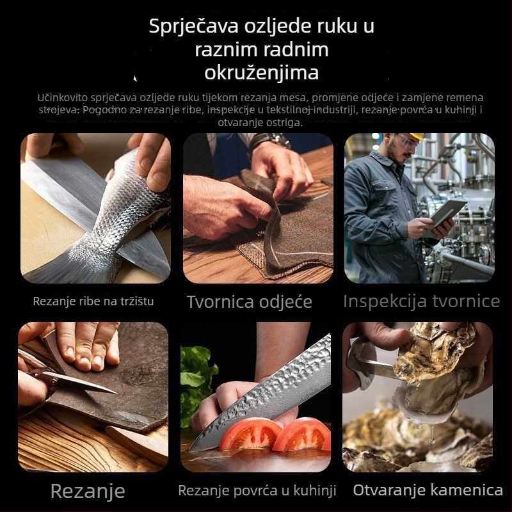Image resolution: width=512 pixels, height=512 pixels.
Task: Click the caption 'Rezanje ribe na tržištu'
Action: point(93,301)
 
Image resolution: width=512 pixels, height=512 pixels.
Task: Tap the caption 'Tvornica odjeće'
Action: point(249,302)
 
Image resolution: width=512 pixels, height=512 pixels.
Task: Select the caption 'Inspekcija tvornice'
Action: point(421,301)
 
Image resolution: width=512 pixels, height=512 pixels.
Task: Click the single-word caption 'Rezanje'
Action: point(88,492)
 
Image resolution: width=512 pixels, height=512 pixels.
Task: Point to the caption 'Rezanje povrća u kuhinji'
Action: point(257,491)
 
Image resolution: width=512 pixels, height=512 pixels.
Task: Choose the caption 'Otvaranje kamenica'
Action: point(428,490)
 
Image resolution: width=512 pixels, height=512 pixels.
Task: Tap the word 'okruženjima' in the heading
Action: point(261,72)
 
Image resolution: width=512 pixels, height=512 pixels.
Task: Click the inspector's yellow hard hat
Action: point(416,136)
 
